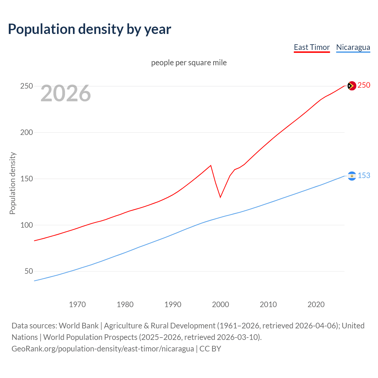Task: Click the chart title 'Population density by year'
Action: pyautogui.click(x=89, y=29)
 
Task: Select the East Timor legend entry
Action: pyautogui.click(x=312, y=47)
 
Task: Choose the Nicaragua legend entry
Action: pyautogui.click(x=353, y=47)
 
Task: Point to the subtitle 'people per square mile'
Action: pyautogui.click(x=189, y=63)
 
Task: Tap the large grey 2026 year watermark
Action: pyautogui.click(x=66, y=93)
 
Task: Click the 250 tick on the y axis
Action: pyautogui.click(x=26, y=86)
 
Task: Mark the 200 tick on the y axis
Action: pyautogui.click(x=26, y=132)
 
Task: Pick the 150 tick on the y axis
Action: pyautogui.click(x=26, y=179)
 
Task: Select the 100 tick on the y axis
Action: pyautogui.click(x=26, y=225)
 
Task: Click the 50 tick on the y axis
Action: pyautogui.click(x=29, y=271)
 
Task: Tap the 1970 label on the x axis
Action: pyautogui.click(x=77, y=304)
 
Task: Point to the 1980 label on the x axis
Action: pyautogui.click(x=125, y=304)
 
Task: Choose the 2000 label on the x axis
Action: pyautogui.click(x=221, y=304)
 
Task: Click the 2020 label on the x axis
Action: pyautogui.click(x=316, y=304)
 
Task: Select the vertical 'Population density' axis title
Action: pyautogui.click(x=12, y=183)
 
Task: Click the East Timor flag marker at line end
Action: pyautogui.click(x=352, y=86)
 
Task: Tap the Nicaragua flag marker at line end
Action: pyautogui.click(x=352, y=176)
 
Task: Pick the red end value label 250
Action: pyautogui.click(x=364, y=85)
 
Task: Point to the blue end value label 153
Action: pyautogui.click(x=364, y=176)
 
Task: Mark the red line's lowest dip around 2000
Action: pyautogui.click(x=220, y=197)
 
